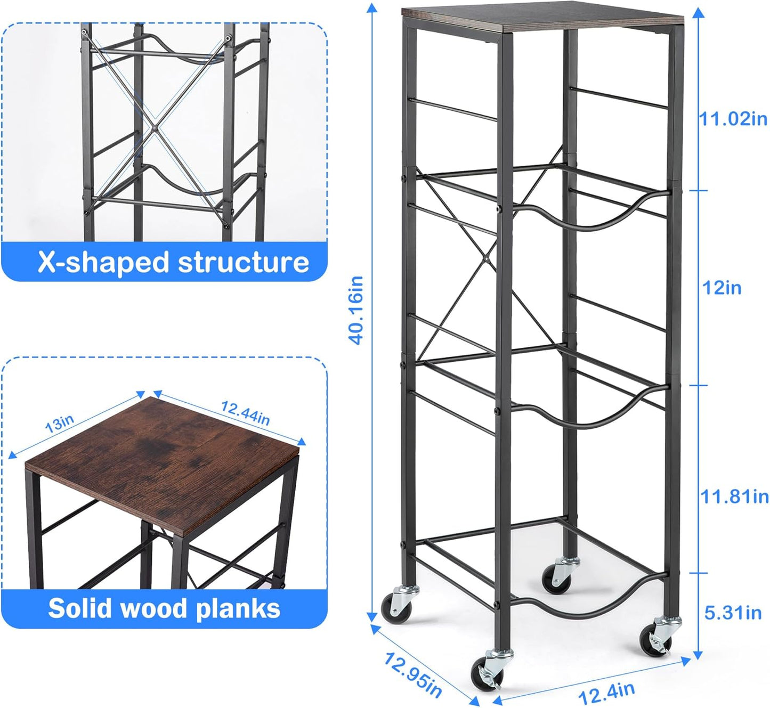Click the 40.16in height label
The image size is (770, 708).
(356, 310)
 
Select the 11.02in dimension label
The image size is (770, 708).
(733, 119)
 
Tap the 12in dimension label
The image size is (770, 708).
(722, 288)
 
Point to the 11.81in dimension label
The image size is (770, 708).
(734, 497)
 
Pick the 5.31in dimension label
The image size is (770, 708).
(733, 613)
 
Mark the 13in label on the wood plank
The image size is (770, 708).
(59, 424)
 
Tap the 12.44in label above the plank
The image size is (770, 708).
(245, 413)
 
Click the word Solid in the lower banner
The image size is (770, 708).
(79, 608)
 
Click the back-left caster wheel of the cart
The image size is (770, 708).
(396, 605)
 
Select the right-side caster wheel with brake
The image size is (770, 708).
(656, 637)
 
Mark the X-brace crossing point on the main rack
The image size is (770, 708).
(487, 259)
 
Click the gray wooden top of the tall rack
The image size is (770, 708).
(542, 17)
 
